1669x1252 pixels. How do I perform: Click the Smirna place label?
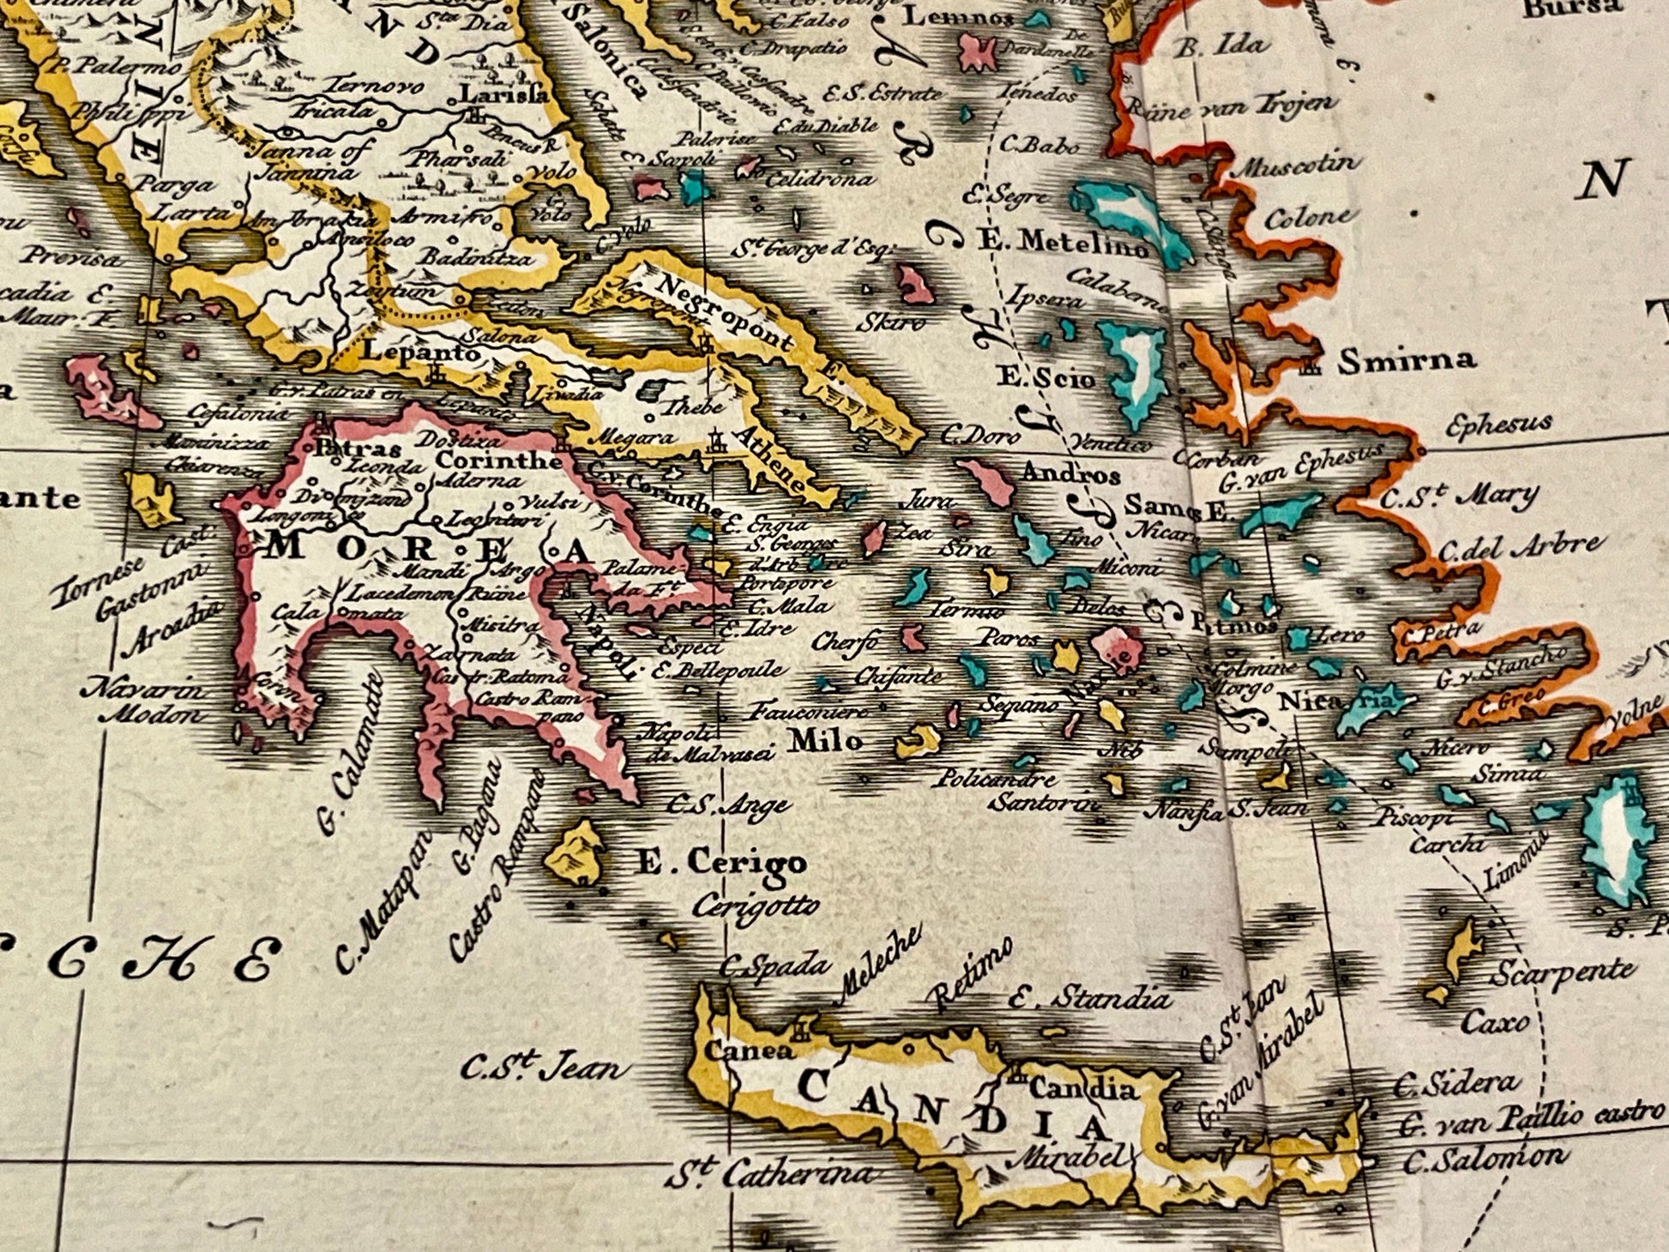coord(1406,360)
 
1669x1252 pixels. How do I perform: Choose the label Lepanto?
coord(410,352)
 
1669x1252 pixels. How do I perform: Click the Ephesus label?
coord(1498,424)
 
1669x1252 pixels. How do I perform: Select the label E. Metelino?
coord(1063,244)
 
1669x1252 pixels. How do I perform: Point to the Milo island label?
coord(825,739)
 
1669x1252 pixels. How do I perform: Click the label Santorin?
coord(1045,803)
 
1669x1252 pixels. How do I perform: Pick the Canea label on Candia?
coord(737,1050)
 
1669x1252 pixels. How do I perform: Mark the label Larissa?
coord(504,93)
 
